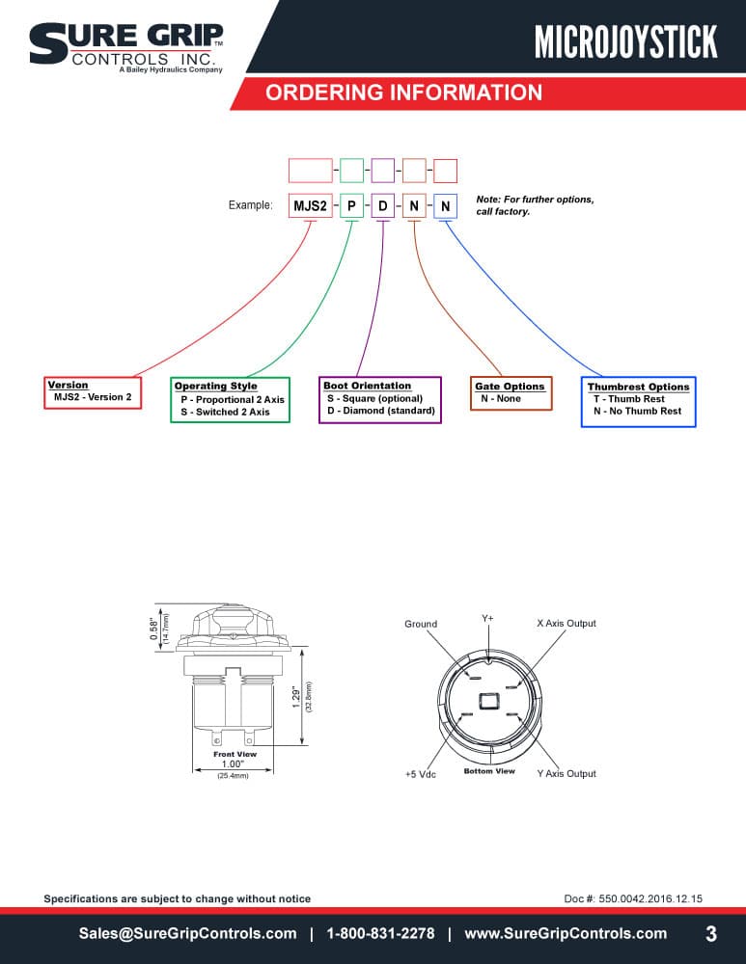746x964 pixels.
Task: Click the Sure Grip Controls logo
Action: tap(126, 48)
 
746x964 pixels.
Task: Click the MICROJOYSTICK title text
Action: tap(626, 41)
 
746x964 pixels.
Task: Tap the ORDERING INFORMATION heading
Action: tap(403, 93)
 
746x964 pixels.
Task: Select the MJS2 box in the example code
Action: tap(310, 205)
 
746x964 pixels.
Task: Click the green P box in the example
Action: tap(351, 205)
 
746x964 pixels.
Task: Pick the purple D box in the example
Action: tap(383, 205)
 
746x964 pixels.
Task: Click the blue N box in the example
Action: tap(445, 206)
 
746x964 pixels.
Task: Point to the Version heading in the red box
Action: tap(68, 385)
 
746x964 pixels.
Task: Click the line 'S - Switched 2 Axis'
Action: tap(225, 412)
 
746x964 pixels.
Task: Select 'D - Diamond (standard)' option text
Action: tap(381, 411)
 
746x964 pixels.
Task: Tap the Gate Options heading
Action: tap(510, 387)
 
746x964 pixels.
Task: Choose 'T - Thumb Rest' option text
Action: tap(629, 398)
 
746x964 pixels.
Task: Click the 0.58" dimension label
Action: tap(153, 629)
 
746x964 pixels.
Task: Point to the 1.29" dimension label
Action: tap(296, 698)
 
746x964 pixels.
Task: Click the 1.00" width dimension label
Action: tap(233, 764)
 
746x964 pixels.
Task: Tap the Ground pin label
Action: tap(421, 624)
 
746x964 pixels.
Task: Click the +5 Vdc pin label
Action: tap(421, 775)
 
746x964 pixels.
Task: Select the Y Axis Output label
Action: tap(566, 773)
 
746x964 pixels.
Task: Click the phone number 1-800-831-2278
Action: tap(380, 933)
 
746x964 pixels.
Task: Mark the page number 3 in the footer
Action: tap(711, 934)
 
